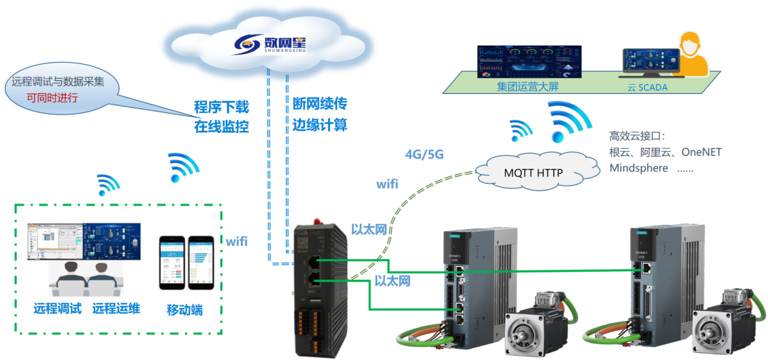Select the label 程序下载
pyautogui.click(x=222, y=108)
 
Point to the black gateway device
pyautogui.click(x=321, y=285)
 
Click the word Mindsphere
pyautogui.click(x=639, y=168)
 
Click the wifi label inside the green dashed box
pyautogui.click(x=237, y=241)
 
